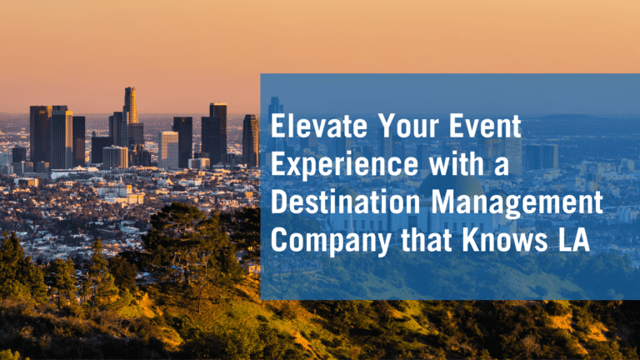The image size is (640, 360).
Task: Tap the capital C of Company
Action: [281, 240]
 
